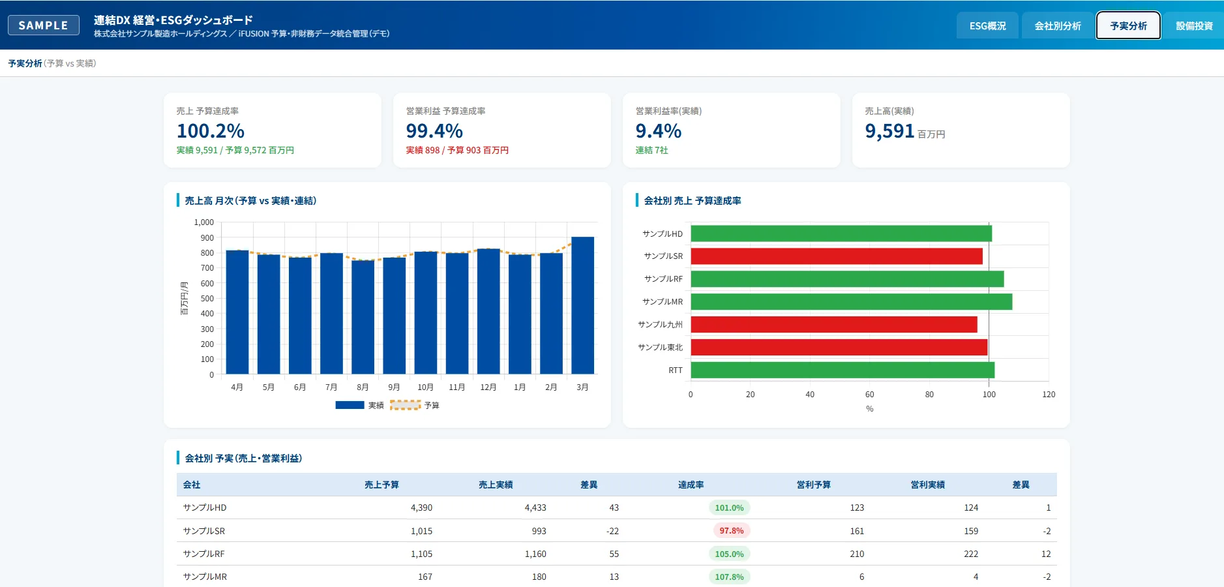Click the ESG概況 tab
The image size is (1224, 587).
987,26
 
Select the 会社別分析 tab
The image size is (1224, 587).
1058,26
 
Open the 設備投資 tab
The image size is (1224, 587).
1194,26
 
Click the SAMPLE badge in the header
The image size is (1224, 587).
44,25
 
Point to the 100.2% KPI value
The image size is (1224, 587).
211,131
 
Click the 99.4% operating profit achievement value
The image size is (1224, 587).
434,131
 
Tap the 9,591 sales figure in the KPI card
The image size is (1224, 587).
889,131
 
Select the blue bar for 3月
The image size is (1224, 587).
582,305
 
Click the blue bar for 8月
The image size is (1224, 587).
363,317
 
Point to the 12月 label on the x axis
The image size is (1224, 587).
488,387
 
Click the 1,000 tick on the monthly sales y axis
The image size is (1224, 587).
203,222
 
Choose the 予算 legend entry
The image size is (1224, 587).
415,405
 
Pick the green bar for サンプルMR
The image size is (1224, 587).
851,301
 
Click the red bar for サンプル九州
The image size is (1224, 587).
834,324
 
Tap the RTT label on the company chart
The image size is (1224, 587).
676,370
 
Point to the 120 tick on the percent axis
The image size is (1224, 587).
1049,395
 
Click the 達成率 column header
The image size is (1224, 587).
691,485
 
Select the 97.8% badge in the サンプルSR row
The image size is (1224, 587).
732,531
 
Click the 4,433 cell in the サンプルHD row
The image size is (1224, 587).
535,507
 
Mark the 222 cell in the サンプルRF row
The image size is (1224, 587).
971,554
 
